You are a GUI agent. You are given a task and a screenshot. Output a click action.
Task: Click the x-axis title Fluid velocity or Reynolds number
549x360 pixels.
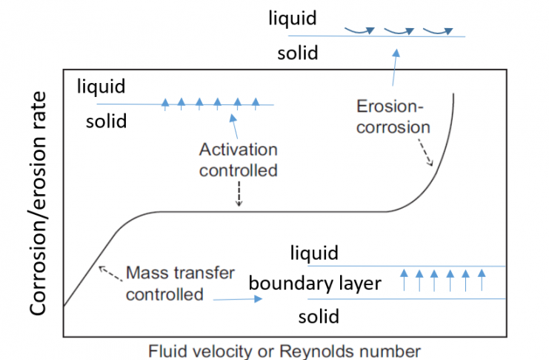click(285, 350)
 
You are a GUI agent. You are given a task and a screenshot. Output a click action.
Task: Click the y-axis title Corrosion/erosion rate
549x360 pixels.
click(38, 203)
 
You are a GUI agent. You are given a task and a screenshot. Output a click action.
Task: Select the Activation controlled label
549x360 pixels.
click(238, 159)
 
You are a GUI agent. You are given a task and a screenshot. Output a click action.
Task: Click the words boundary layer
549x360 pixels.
click(315, 283)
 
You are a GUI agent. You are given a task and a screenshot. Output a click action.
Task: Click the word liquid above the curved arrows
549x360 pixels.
click(293, 18)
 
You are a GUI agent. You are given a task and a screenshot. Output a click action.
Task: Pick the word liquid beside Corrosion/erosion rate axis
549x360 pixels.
click(102, 87)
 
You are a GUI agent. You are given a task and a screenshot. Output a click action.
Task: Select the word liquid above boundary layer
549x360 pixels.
click(313, 253)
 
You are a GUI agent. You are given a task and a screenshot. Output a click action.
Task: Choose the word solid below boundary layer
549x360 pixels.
click(319, 317)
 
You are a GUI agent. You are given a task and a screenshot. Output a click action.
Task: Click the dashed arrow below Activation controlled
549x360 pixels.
click(238, 194)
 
